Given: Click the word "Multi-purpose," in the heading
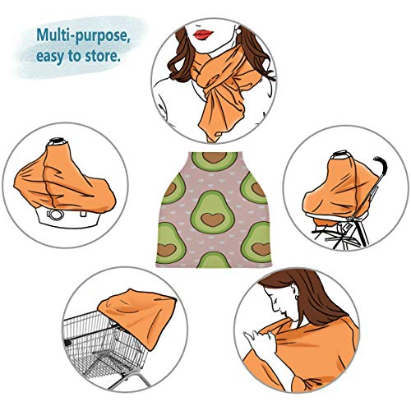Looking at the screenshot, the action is [83, 35].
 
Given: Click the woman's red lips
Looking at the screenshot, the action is [203, 35].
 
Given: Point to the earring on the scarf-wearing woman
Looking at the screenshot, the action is [238, 30].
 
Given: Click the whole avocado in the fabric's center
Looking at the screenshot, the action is [213, 212].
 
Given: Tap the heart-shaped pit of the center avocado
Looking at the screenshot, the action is [212, 219].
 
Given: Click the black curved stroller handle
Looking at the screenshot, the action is [381, 166].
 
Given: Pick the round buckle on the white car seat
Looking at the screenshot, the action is [54, 215].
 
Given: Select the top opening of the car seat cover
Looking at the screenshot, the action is [58, 141].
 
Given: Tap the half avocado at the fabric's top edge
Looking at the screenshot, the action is [214, 161].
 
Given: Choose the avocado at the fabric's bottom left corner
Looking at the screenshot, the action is [170, 242].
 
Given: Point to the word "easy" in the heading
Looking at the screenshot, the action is [51, 57].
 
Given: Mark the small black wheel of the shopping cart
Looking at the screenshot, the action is [67, 343].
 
